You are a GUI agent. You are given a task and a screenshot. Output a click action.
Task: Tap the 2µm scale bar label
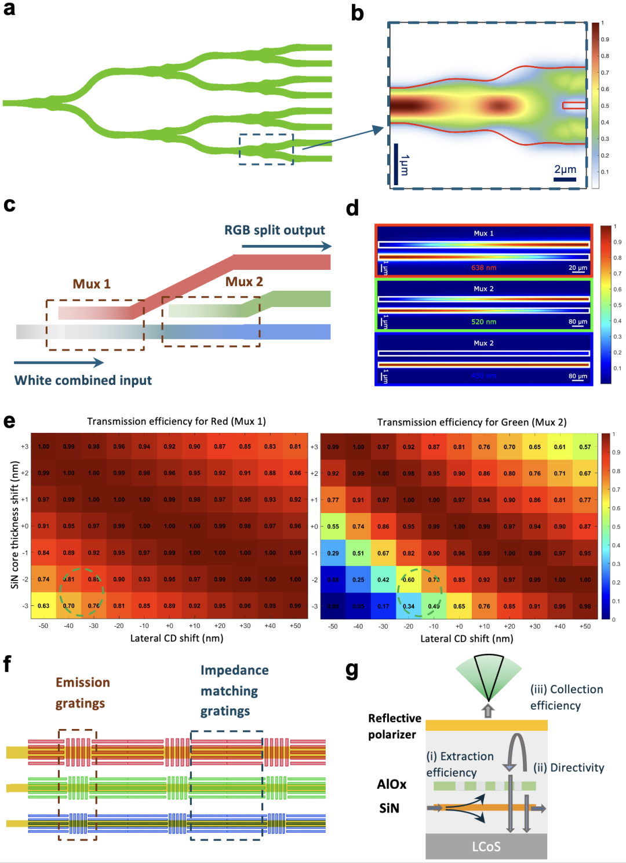[565, 169]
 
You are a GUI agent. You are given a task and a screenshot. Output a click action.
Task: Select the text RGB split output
[275, 230]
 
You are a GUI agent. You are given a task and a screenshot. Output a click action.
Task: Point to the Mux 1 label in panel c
[92, 284]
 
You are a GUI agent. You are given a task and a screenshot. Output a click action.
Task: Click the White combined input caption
[83, 380]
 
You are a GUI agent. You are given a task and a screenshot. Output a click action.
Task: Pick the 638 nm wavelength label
[483, 268]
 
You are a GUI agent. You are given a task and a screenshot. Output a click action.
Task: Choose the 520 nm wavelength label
[483, 322]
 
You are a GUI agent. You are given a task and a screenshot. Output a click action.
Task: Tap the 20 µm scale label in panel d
[577, 268]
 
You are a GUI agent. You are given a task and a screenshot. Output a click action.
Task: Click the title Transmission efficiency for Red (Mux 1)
[176, 421]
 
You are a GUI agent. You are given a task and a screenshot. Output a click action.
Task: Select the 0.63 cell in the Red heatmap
[43, 606]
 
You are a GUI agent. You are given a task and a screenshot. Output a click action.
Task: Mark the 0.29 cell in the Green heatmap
[333, 553]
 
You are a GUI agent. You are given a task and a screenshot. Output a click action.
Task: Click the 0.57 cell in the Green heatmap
[585, 447]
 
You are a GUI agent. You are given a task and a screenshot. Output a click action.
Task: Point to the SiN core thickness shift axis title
[15, 525]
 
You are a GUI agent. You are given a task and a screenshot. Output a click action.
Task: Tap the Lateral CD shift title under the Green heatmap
[467, 638]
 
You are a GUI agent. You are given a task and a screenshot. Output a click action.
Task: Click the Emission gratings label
[82, 693]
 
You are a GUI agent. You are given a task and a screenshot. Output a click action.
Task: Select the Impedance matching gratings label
[234, 691]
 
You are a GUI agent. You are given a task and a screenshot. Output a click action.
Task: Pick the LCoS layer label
[486, 847]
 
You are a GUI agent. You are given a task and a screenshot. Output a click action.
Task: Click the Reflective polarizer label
[394, 726]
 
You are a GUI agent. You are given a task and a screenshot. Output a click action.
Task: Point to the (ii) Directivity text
[568, 768]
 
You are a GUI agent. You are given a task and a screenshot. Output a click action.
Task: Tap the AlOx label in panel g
[392, 784]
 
